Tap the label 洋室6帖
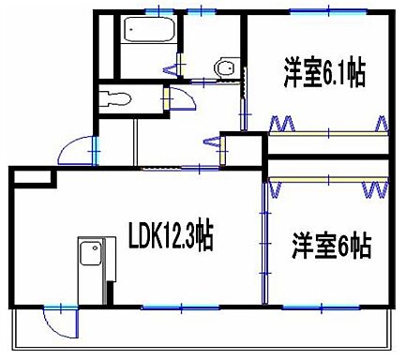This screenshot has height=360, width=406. click(x=329, y=247)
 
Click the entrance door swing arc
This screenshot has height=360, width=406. click(x=75, y=150)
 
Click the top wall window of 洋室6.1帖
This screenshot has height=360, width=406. click(x=315, y=11)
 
